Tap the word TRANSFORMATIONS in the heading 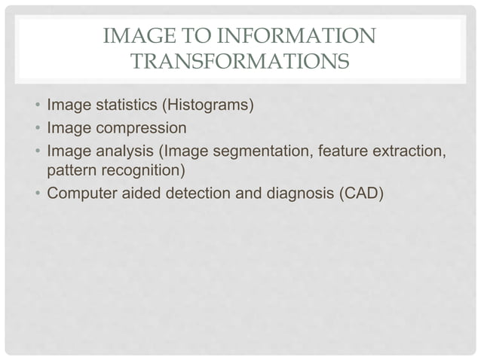[239, 61]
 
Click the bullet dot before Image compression [37, 127]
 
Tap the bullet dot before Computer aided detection [37, 194]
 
